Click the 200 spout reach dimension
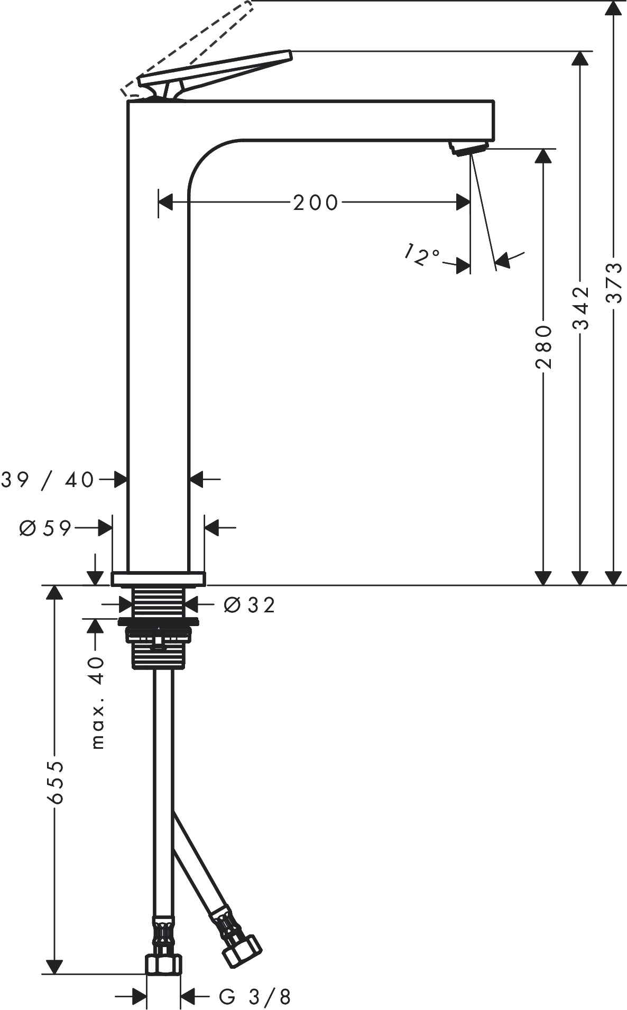coord(316,203)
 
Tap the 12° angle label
coord(421,255)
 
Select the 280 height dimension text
coord(543,347)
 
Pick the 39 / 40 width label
coord(48,480)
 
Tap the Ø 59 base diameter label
coord(45,528)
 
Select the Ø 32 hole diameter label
coord(250,605)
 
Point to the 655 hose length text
coord(54,783)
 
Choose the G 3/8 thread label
coord(255,997)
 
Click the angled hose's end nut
coord(242,951)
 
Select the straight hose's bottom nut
coord(163,964)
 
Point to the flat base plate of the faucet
coord(158,579)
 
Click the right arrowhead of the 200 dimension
coord(464,202)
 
